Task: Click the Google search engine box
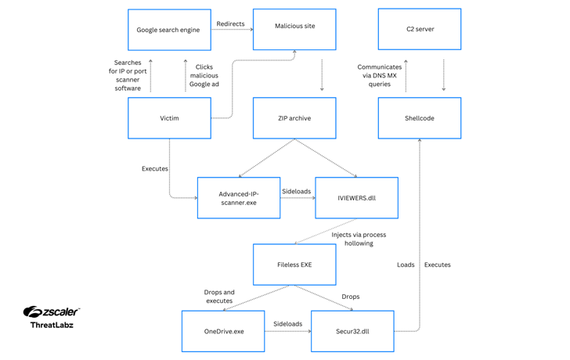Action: click(169, 30)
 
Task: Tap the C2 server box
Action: click(420, 29)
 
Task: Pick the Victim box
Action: click(169, 118)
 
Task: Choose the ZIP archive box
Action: click(294, 118)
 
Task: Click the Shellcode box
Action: click(420, 118)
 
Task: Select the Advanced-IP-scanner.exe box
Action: click(239, 198)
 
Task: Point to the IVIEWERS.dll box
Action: click(356, 198)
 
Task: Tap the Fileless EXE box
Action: click(294, 265)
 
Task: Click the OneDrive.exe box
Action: click(223, 331)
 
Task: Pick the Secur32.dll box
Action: click(352, 331)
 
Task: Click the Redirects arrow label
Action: click(230, 23)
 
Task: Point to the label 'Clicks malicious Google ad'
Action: click(204, 75)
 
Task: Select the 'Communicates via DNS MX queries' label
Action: click(380, 75)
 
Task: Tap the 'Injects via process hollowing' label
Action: click(359, 239)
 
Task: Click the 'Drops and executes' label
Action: click(219, 296)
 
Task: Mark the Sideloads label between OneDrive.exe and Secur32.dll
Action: click(287, 323)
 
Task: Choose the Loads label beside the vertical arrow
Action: click(406, 265)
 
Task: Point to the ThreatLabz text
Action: click(52, 325)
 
